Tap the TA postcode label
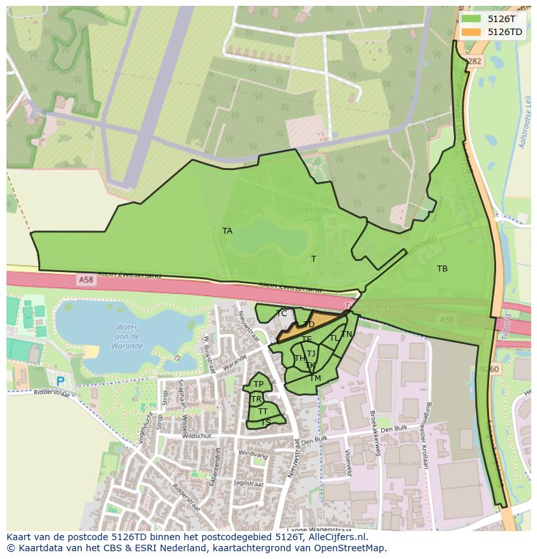tap(227, 230)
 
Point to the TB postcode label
tap(442, 268)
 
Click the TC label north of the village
tap(281, 314)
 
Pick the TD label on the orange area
tap(309, 325)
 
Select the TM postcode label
tap(315, 379)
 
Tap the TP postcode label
tap(258, 384)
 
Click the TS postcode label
tap(266, 422)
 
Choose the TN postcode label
tap(347, 334)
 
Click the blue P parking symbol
tap(60, 382)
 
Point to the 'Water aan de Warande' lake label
tap(127, 336)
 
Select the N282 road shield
tap(475, 61)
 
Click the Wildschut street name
tap(197, 437)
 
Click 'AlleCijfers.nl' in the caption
tap(336, 537)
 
